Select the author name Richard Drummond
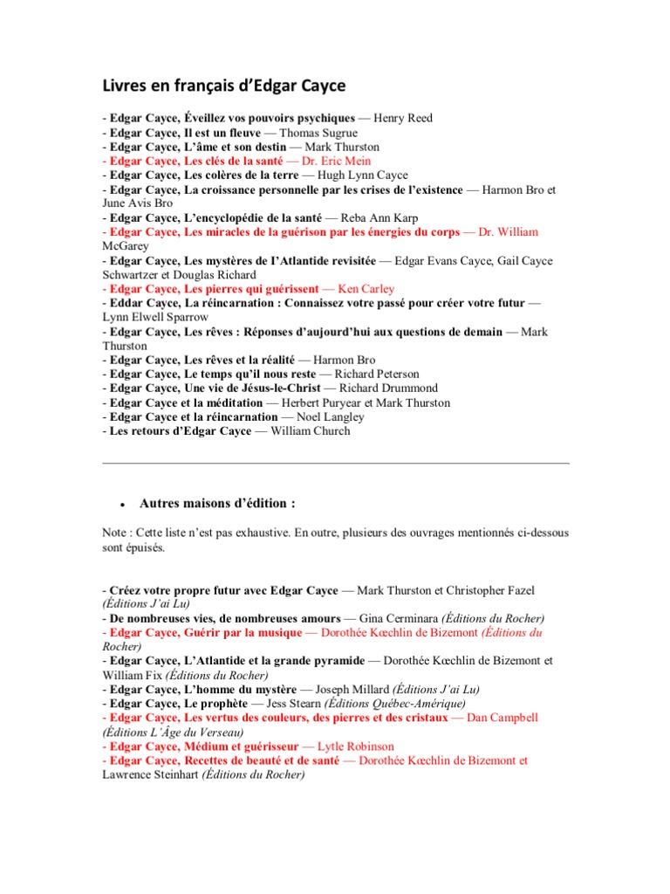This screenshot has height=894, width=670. [x=390, y=388]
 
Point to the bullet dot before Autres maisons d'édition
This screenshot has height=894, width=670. [x=124, y=505]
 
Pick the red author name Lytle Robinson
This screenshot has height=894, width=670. [x=355, y=746]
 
